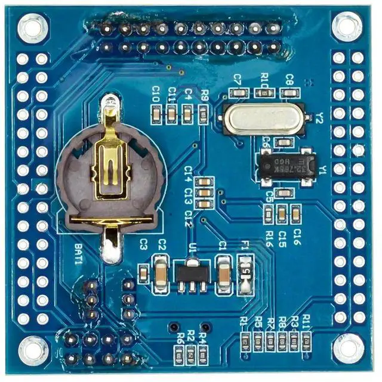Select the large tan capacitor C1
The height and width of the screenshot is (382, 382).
click(223, 274)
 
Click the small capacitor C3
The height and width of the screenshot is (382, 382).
click(144, 274)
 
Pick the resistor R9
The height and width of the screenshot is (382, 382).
click(204, 113)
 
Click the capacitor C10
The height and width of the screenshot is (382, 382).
click(156, 113)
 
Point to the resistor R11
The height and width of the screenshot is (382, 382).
click(306, 340)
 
